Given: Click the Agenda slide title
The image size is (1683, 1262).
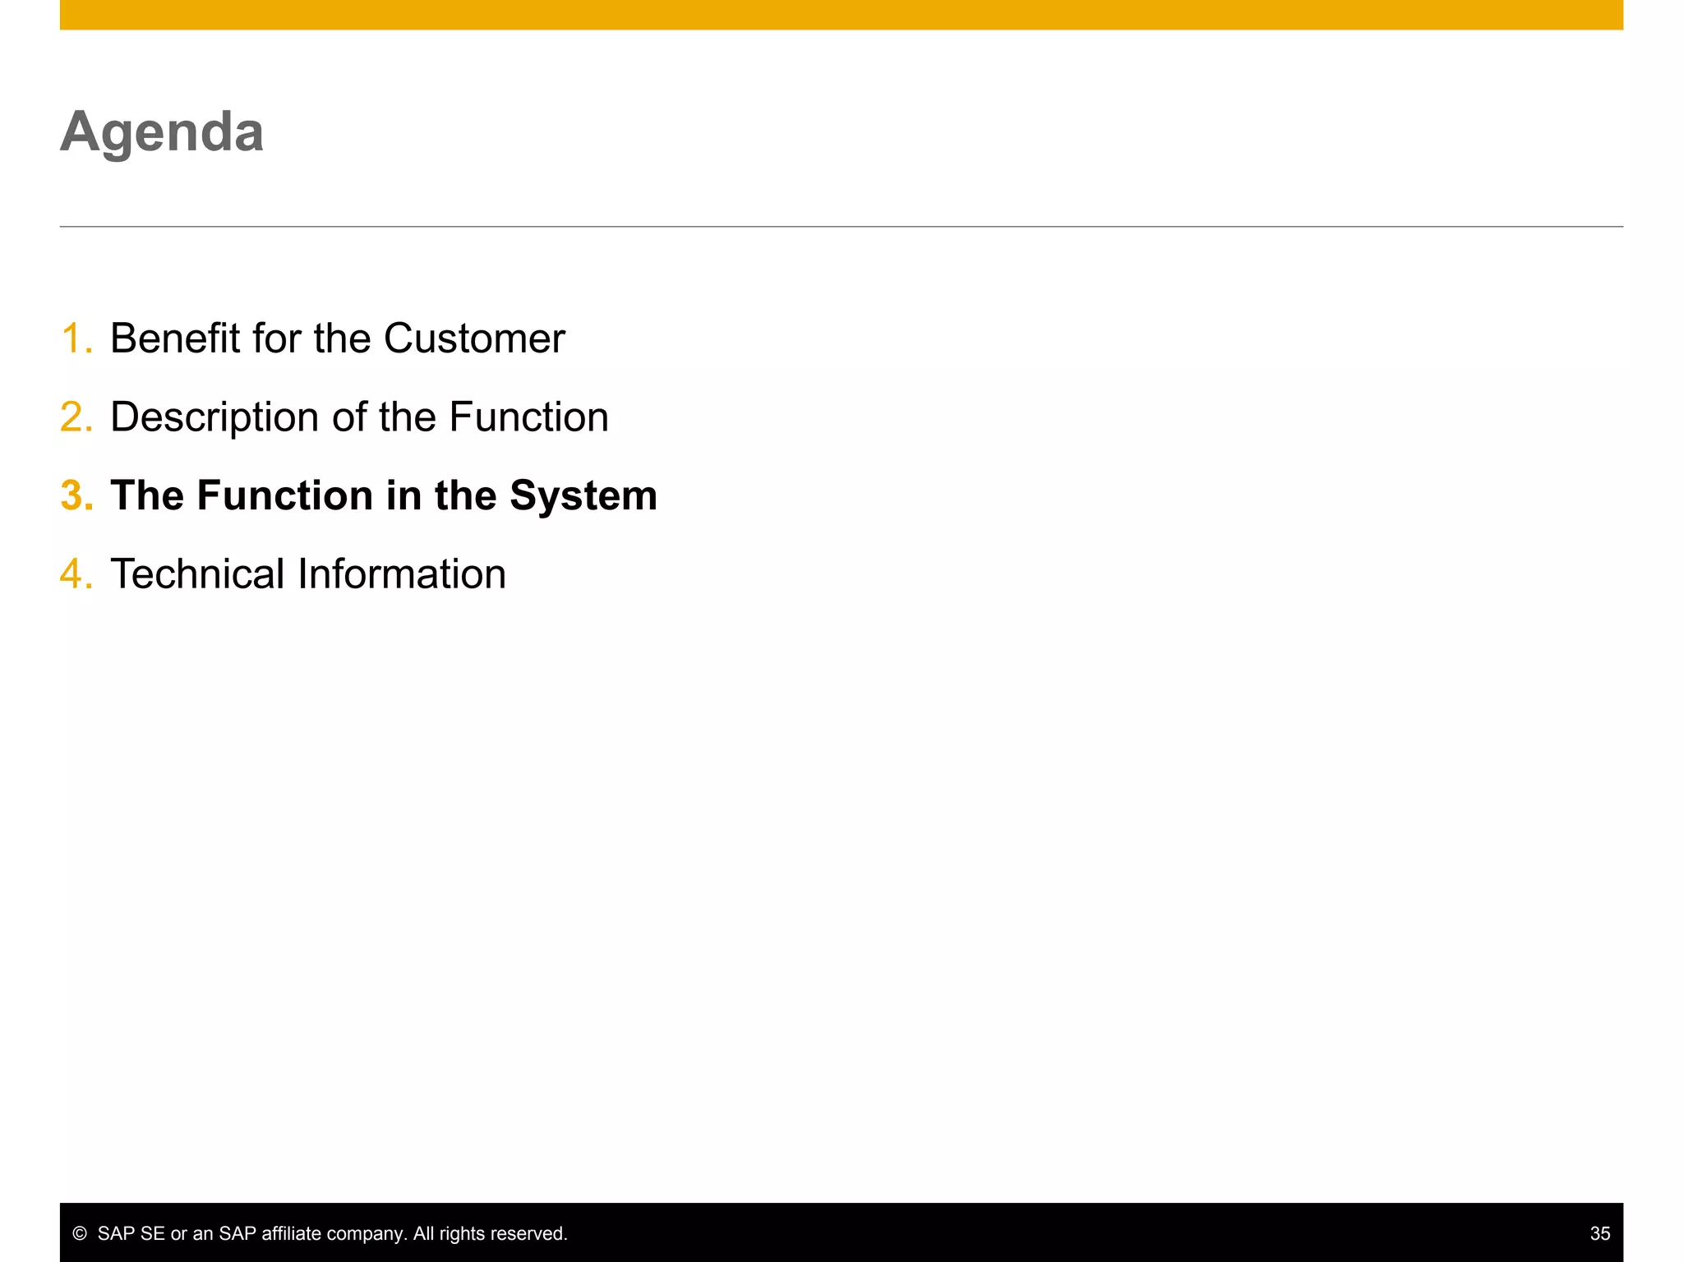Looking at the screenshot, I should coord(162,131).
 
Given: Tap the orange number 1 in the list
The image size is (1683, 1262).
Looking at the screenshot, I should coord(75,339).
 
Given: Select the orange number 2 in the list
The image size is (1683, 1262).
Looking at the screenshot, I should coord(75,417).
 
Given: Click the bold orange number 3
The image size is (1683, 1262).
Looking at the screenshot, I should coord(75,495).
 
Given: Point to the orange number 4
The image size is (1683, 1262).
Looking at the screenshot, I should coord(75,573).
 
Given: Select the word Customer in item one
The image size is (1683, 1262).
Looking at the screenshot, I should coord(474,339).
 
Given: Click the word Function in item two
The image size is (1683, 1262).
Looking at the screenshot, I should coord(528,417).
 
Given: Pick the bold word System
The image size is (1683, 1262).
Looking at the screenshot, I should coord(583,495).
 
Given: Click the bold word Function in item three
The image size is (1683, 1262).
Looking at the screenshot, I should coord(284,495).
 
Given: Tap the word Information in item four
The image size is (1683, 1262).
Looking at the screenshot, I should coord(402,573).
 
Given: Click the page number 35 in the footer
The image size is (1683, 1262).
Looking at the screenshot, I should coord(1599,1233).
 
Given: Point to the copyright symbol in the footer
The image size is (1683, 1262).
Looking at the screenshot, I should coord(80,1233).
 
